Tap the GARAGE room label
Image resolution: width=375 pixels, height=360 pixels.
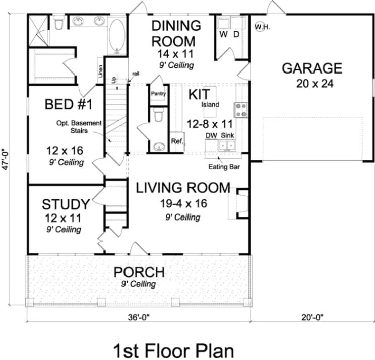coord(312,68)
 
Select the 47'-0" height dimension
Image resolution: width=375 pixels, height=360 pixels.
coord(5,160)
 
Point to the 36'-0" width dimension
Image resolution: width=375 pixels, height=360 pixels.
coord(139,318)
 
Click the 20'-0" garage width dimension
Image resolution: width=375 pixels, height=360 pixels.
coord(312,318)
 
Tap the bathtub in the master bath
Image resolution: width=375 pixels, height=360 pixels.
coord(117,37)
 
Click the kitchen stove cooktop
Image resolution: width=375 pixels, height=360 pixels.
coord(241,110)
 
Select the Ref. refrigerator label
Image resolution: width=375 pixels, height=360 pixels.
coord(177,141)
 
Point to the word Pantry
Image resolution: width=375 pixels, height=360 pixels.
coord(158,94)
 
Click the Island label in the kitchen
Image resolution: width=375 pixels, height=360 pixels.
coord(210,104)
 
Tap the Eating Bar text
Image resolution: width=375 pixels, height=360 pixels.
coord(224,167)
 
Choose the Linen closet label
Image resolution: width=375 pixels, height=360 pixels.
coord(100,71)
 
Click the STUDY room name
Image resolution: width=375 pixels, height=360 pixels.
coord(66,204)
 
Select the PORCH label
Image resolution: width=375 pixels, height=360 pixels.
coord(139,272)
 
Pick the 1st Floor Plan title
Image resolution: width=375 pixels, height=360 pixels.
coord(173,351)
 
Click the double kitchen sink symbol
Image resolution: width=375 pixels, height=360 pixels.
coord(227,146)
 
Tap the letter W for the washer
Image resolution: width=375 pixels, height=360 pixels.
coord(223,34)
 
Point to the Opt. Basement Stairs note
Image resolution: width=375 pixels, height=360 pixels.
coord(79,127)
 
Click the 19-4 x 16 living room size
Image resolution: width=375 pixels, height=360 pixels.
coord(183,203)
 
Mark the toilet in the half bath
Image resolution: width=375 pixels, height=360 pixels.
coord(158,114)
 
